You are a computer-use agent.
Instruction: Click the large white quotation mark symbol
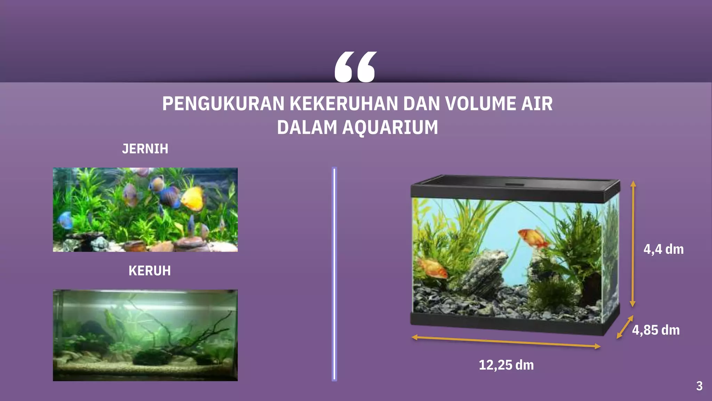tap(355, 67)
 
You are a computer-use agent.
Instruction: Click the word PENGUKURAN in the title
tap(223, 104)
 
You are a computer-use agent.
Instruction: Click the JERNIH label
tap(145, 149)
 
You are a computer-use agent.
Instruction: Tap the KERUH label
tap(149, 271)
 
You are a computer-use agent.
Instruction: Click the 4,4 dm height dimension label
tap(663, 249)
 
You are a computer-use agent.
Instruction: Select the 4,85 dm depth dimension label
tap(656, 330)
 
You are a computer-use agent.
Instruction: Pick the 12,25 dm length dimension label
tap(506, 365)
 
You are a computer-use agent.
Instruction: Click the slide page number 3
tap(699, 386)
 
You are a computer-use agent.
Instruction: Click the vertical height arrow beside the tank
tap(633, 244)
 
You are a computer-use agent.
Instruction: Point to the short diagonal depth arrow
tap(625, 327)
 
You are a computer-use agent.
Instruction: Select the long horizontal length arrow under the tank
tap(506, 341)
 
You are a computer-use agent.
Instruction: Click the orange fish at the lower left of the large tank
tap(433, 267)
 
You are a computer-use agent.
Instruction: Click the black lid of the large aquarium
tap(515, 188)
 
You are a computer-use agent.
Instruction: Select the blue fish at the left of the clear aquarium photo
tap(65, 220)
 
